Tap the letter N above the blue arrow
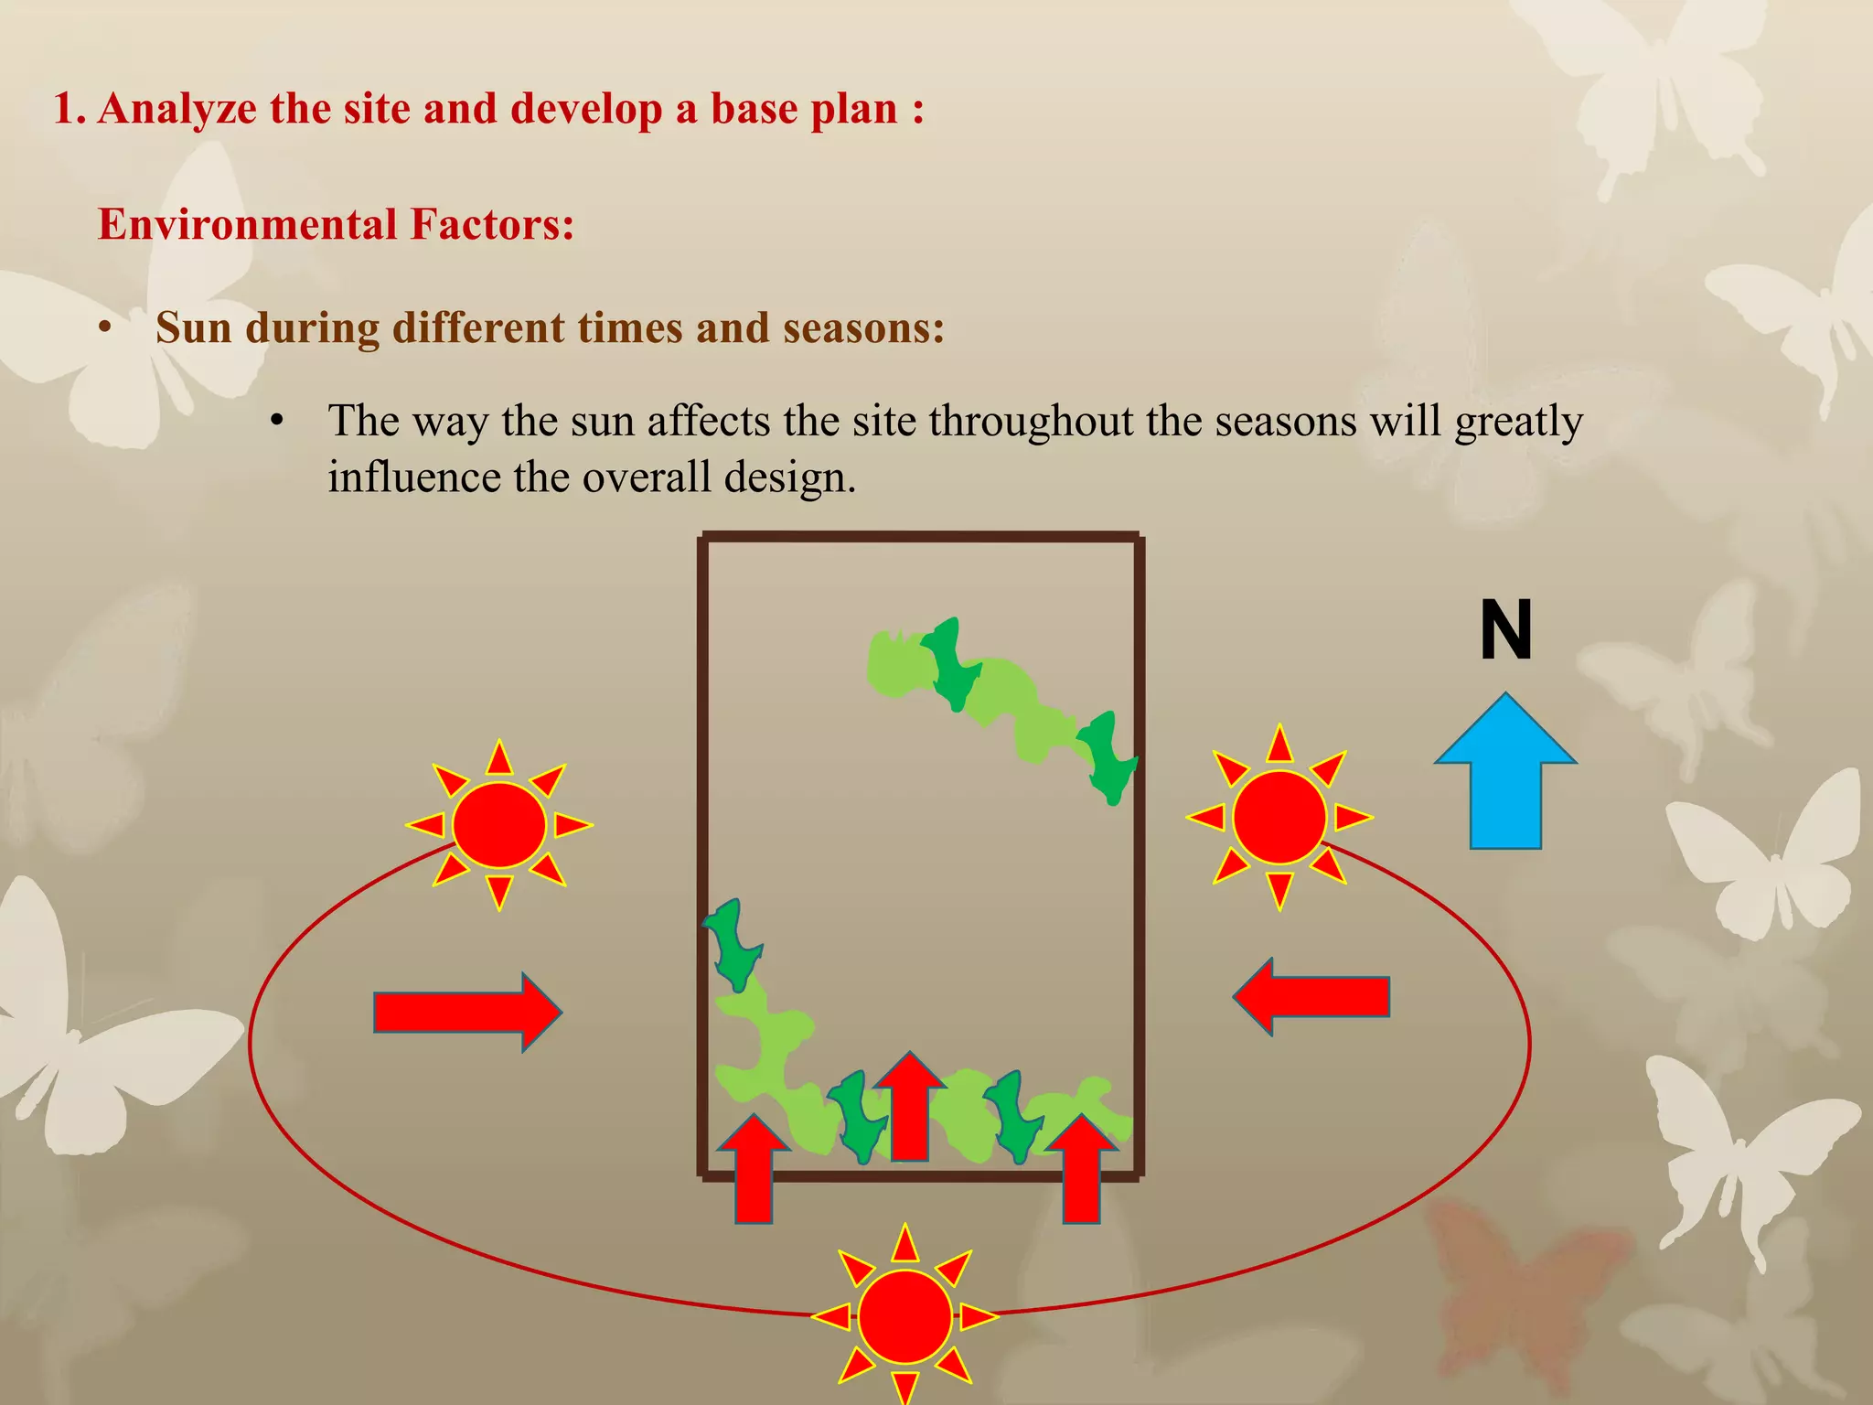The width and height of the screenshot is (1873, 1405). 1505,630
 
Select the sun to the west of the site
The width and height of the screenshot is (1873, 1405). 499,825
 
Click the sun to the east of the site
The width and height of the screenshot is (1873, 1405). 1279,817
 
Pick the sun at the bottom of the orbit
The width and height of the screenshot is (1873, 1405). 905,1316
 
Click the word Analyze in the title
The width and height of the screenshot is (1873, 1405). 177,109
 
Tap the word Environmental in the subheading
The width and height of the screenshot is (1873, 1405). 248,225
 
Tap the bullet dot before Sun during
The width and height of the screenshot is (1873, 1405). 106,327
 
